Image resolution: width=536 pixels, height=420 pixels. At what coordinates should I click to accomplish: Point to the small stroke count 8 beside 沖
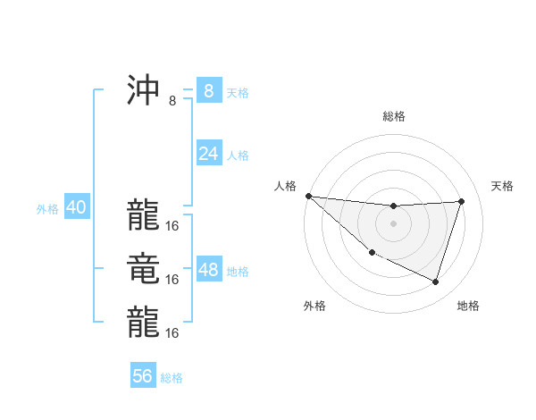[172, 101]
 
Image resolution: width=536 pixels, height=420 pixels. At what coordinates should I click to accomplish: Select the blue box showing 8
[208, 90]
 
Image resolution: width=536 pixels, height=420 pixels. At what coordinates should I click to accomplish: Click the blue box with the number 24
[208, 154]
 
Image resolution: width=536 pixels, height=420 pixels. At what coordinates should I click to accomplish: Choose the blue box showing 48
[208, 270]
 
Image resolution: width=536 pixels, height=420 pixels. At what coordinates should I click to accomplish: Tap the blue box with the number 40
[76, 207]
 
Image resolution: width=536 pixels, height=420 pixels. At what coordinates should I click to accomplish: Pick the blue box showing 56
[143, 376]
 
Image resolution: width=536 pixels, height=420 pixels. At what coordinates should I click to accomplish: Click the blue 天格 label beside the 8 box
[238, 93]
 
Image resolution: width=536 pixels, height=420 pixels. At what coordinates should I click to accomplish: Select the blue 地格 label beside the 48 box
[238, 272]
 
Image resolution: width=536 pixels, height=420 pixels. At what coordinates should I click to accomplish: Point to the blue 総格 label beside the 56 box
[172, 378]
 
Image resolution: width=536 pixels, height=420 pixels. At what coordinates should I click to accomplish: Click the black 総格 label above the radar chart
[393, 116]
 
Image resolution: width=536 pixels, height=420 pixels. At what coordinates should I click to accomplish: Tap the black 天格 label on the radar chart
[503, 186]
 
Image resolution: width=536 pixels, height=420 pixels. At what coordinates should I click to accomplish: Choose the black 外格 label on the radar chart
[314, 306]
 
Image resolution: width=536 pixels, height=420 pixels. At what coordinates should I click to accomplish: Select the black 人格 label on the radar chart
[285, 186]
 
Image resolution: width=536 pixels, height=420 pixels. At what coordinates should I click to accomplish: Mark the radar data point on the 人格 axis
[308, 195]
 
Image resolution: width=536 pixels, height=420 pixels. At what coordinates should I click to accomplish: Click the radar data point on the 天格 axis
[461, 201]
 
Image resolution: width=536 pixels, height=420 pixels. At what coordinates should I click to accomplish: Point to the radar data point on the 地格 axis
[435, 281]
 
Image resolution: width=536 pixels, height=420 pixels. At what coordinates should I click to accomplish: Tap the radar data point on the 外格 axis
[373, 252]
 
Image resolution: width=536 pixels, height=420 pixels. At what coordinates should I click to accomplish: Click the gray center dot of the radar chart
[393, 223]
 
